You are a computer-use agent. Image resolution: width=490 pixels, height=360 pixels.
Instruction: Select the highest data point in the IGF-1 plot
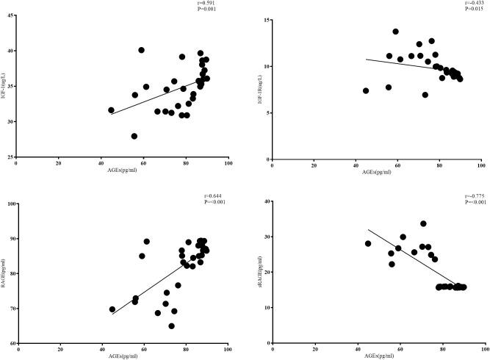141,50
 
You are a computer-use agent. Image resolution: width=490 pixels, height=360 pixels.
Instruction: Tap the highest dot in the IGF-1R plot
395,32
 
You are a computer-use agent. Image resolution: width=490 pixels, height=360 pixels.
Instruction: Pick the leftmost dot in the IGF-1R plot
366,91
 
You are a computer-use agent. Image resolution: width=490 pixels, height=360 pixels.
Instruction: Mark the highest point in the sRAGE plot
423,224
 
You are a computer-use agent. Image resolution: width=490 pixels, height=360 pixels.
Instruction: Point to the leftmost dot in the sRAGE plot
367,244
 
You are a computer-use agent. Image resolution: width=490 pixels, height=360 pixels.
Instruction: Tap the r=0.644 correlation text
212,197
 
